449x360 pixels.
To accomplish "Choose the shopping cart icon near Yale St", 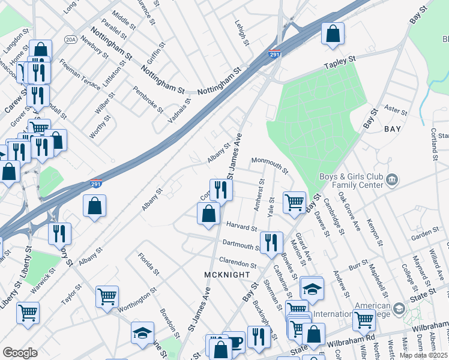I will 294,202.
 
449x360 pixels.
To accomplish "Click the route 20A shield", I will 71,40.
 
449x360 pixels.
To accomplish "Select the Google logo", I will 20,353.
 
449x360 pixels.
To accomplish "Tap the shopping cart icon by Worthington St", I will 107,296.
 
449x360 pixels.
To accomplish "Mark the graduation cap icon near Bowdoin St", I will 142,332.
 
